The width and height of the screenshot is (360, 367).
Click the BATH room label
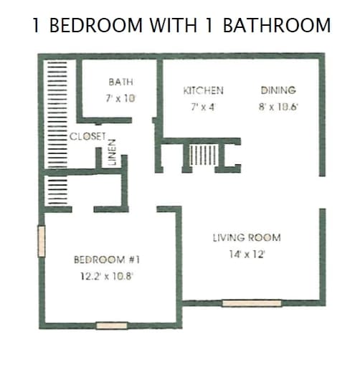120,82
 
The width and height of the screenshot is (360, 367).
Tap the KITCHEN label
203,91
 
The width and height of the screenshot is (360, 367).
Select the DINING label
278,90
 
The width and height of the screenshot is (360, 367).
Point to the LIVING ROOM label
247,237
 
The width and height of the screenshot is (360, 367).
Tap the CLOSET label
88,136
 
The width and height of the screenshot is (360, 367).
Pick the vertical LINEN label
112,152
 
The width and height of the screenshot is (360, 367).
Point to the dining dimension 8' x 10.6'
278,106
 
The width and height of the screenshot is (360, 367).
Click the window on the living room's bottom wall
251,303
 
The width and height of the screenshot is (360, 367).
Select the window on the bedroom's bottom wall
111,325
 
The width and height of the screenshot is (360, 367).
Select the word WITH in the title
174,26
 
